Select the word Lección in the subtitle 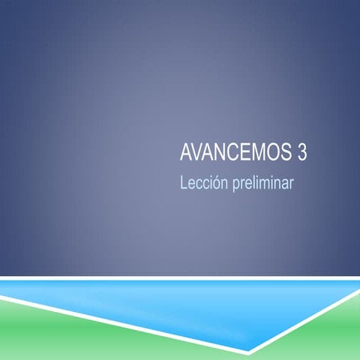point(202,181)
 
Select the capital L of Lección point(183,181)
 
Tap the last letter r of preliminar point(290,183)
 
